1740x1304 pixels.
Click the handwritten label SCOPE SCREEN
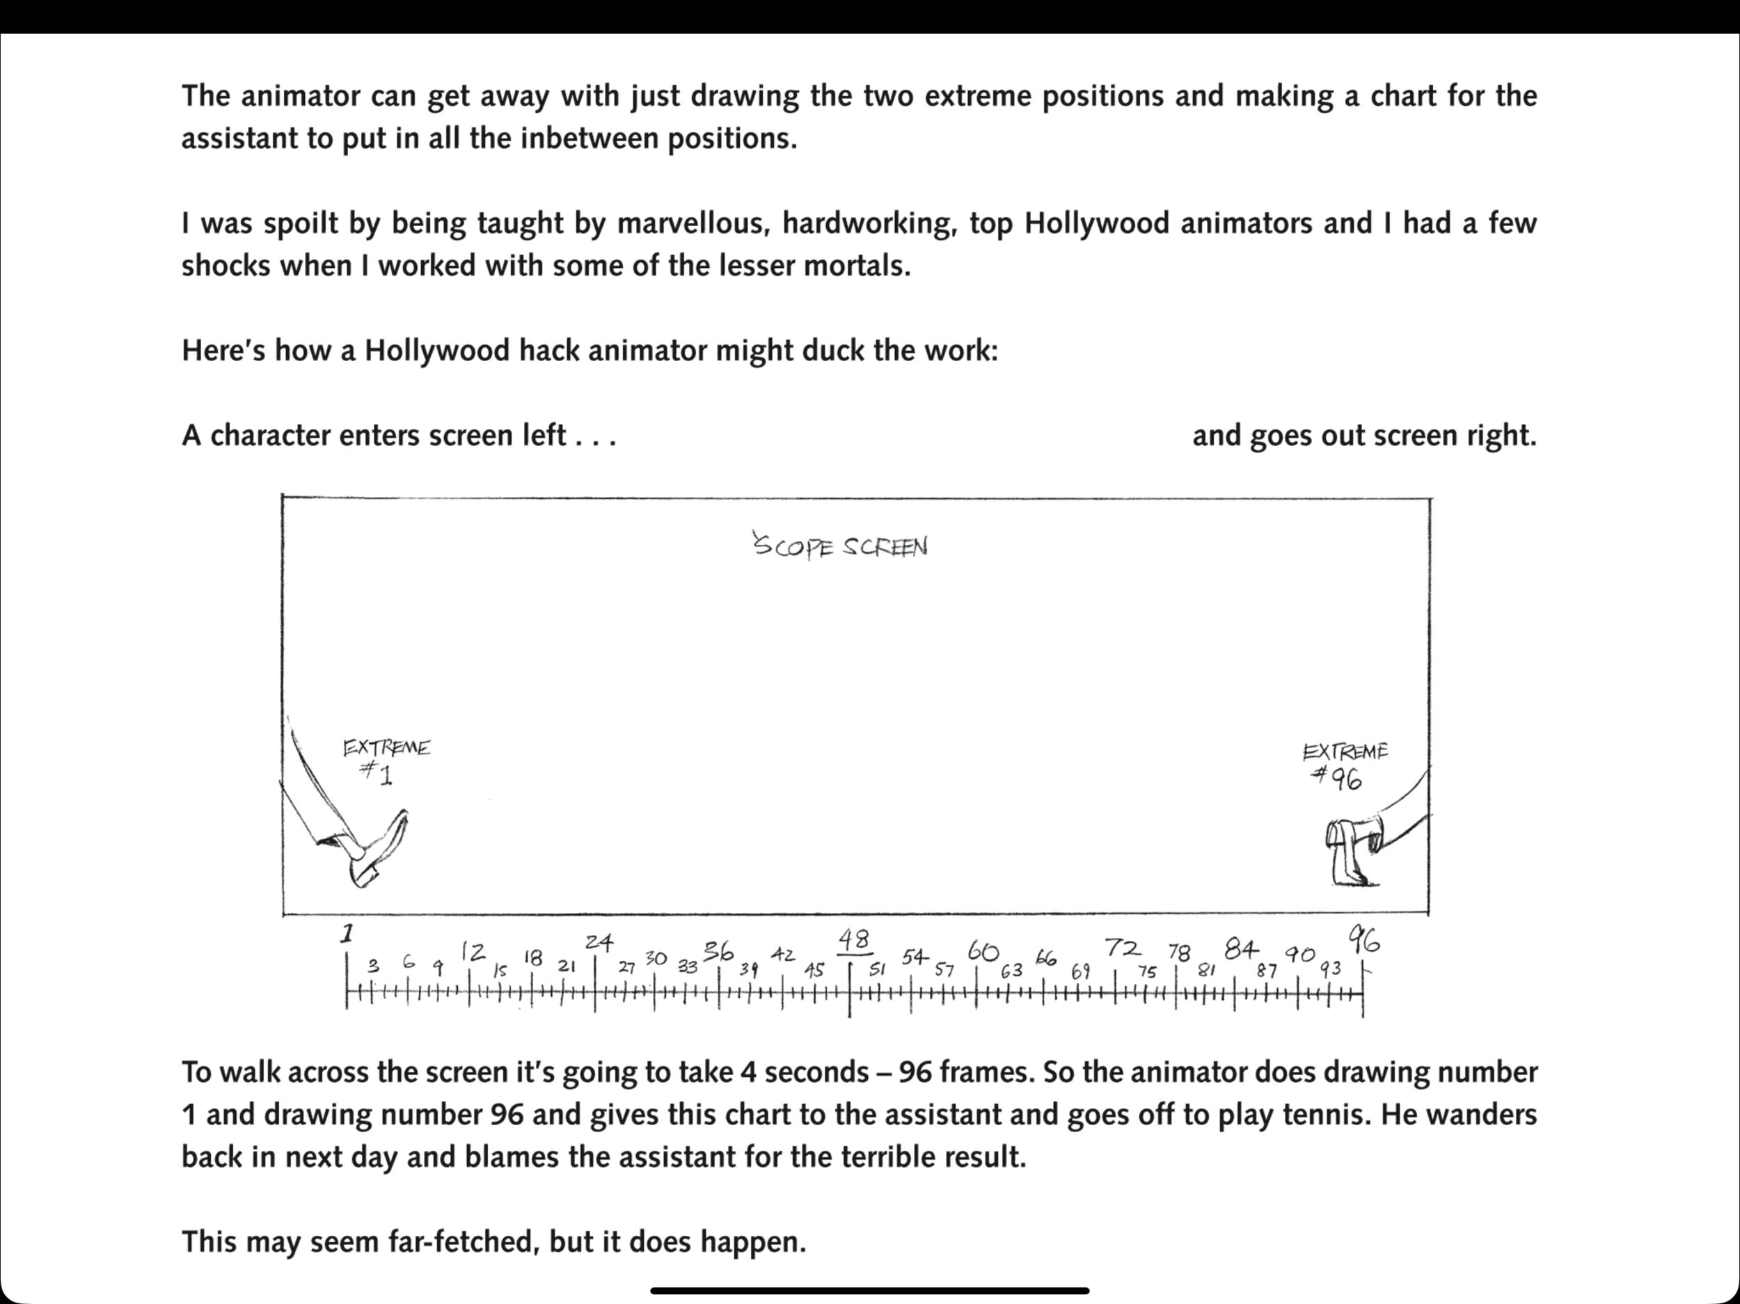pyautogui.click(x=841, y=546)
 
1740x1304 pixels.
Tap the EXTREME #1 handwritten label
pyautogui.click(x=386, y=758)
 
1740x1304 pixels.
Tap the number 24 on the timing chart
pyautogui.click(x=599, y=941)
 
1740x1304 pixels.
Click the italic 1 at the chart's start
pyautogui.click(x=347, y=934)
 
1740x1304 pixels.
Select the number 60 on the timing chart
pyautogui.click(x=983, y=951)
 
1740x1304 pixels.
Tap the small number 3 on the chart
pyautogui.click(x=374, y=965)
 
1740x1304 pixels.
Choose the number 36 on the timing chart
pyautogui.click(x=718, y=952)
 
